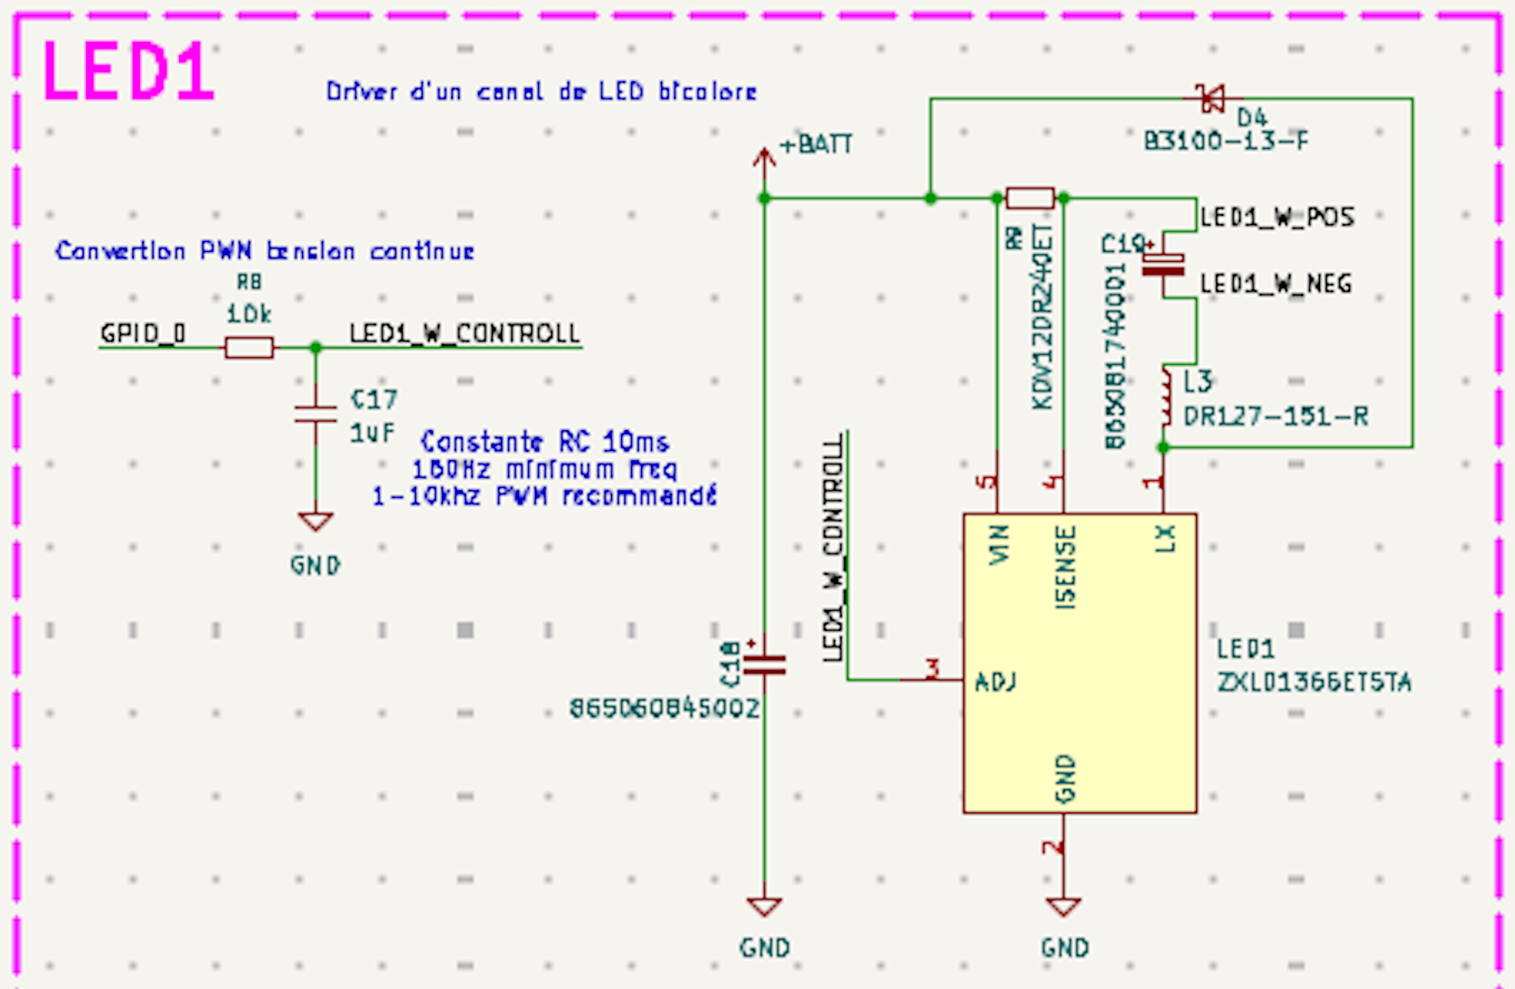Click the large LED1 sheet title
[x=127, y=72]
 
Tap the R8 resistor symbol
[x=249, y=347]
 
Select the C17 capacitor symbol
[x=316, y=414]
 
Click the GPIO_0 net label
[x=142, y=334]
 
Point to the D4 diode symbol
[x=1211, y=99]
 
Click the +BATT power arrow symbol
[x=763, y=159]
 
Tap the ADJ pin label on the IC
[x=995, y=682]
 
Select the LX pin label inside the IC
[x=1165, y=539]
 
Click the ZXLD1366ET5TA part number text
[x=1314, y=683]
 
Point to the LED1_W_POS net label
[x=1276, y=218]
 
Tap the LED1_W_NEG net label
[x=1276, y=284]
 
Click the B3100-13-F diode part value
[x=1225, y=141]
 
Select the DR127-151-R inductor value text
[x=1276, y=416]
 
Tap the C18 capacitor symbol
[x=764, y=665]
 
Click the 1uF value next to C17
[x=372, y=433]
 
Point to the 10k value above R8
[x=249, y=314]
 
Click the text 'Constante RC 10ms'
[x=544, y=441]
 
